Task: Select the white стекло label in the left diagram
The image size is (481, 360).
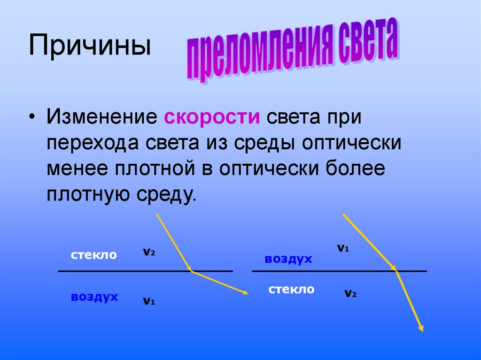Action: (x=94, y=255)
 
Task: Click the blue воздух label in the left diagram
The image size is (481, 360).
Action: (x=94, y=297)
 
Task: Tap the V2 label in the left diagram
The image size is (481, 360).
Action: (x=149, y=252)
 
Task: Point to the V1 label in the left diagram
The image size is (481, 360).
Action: (x=149, y=301)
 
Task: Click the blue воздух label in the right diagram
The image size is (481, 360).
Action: (x=288, y=259)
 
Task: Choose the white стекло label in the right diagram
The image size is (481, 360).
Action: (x=291, y=289)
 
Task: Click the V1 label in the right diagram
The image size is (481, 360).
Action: (x=343, y=248)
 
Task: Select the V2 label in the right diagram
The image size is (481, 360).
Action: (x=350, y=294)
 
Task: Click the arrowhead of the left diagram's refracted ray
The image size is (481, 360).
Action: (x=245, y=293)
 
